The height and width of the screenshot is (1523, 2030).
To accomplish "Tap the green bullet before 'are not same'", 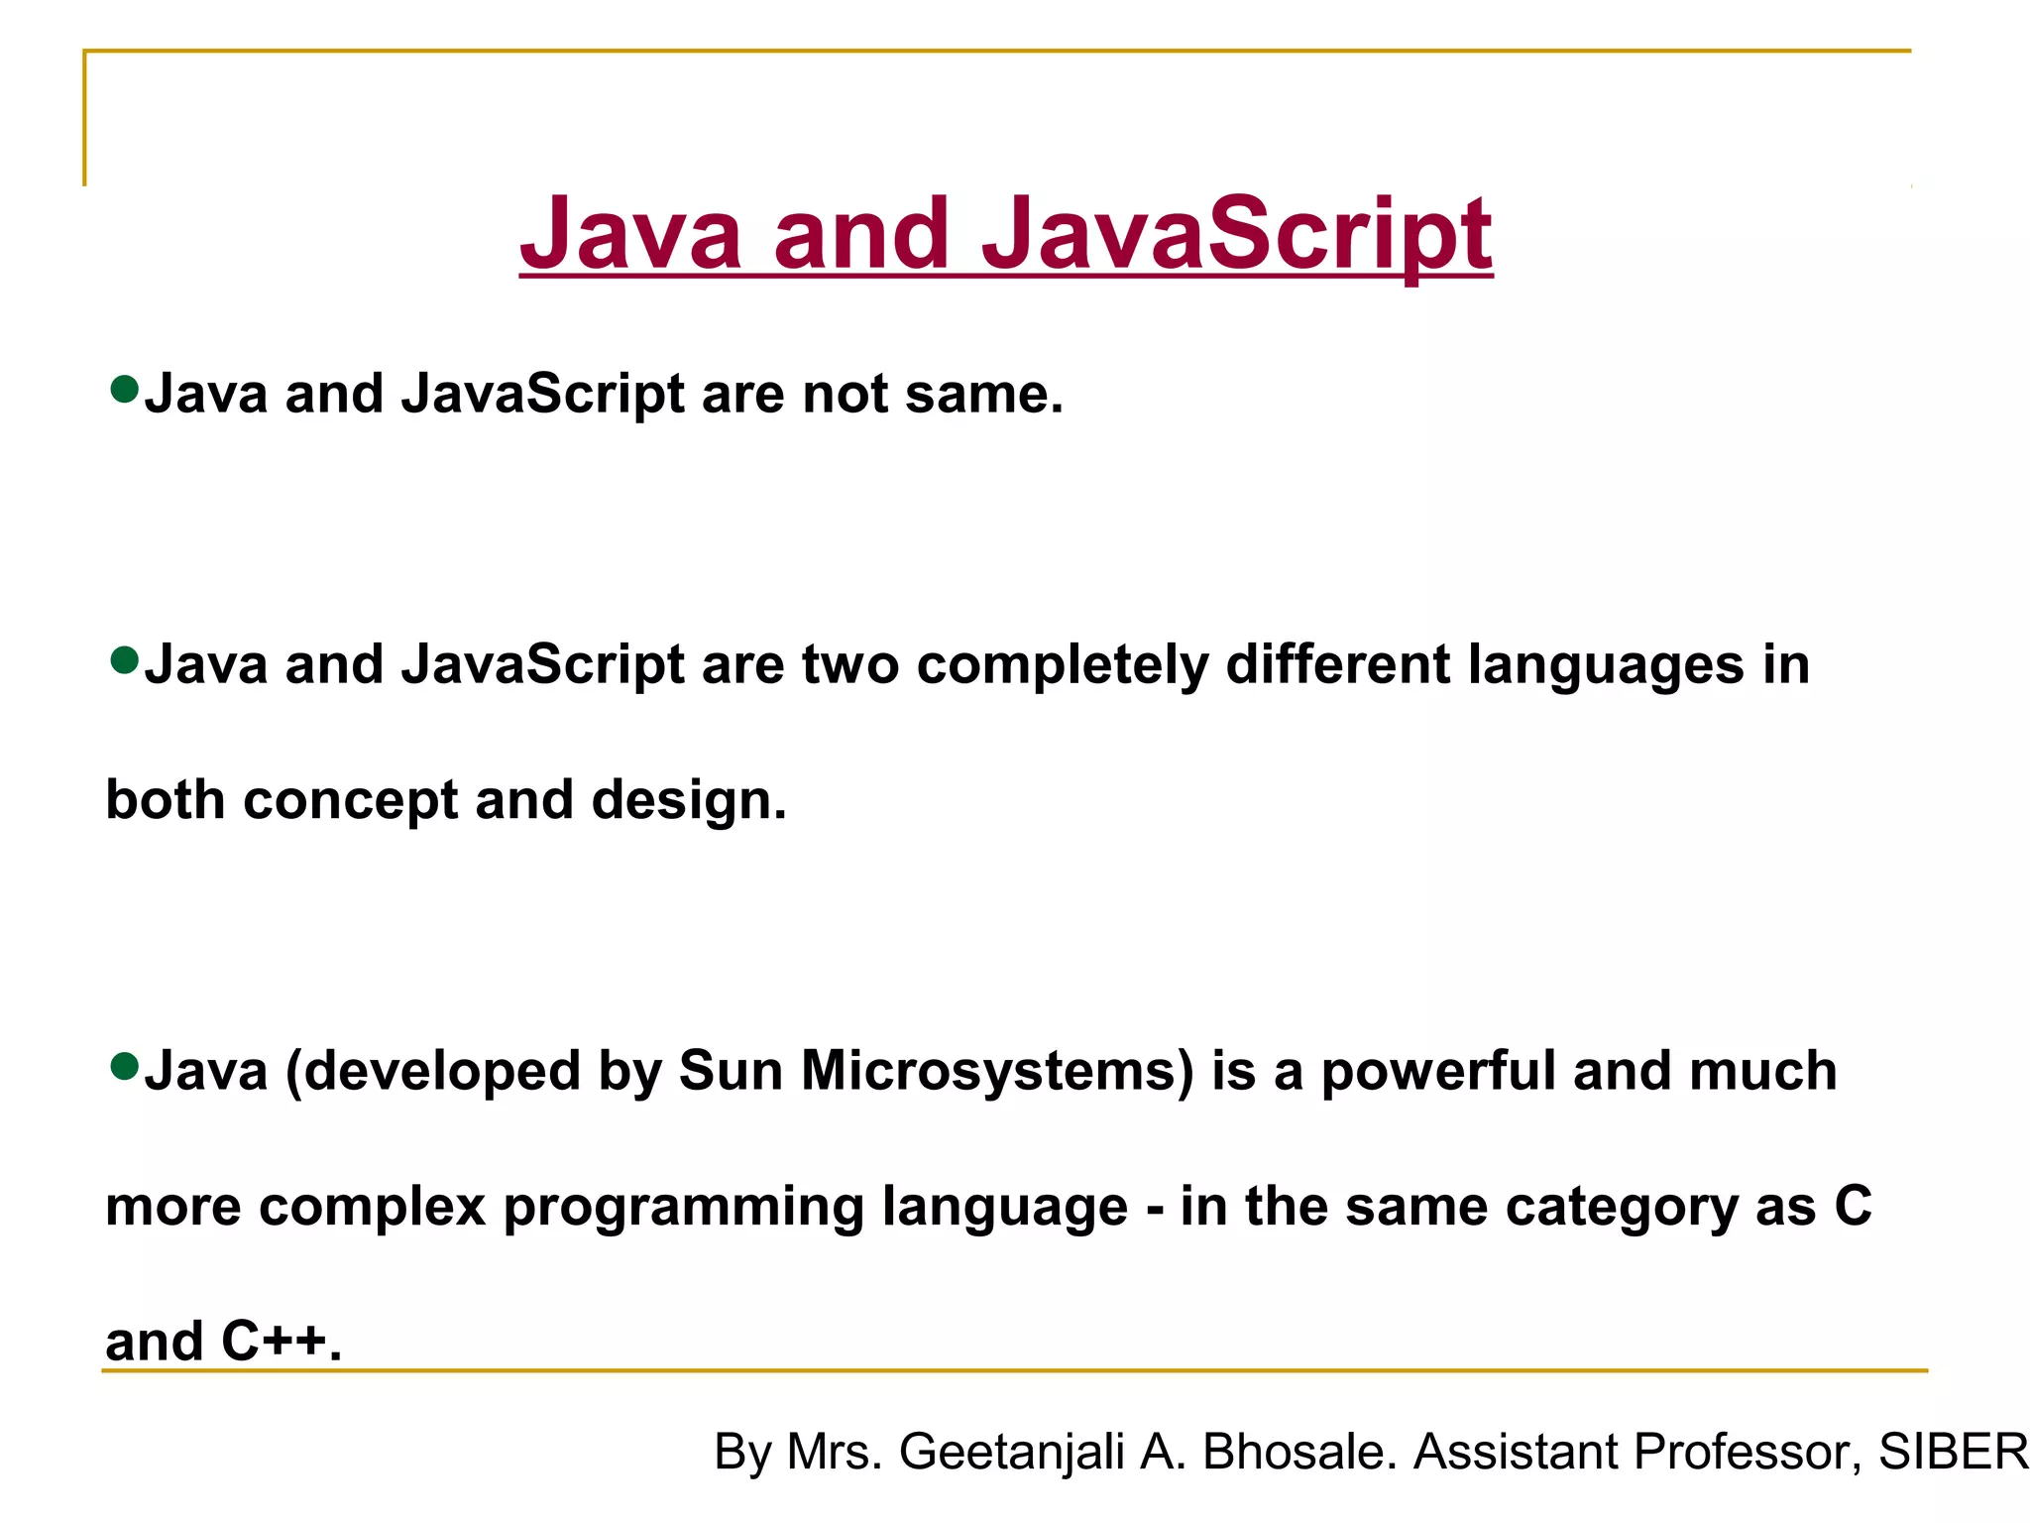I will click(x=125, y=389).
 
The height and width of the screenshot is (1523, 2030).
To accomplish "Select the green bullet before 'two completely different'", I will click(x=125, y=659).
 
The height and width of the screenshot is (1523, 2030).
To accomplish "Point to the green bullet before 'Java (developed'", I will click(x=125, y=1067).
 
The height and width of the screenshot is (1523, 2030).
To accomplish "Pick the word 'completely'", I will click(x=1063, y=665).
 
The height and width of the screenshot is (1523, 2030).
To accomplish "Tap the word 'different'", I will click(x=1338, y=664).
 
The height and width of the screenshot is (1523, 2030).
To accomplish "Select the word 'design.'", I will click(x=689, y=800).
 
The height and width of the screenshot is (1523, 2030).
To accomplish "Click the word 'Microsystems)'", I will click(x=998, y=1073).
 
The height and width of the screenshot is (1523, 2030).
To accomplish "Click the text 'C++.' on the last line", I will click(x=282, y=1342).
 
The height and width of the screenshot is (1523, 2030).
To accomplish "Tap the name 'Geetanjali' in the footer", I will click(x=1011, y=1453).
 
